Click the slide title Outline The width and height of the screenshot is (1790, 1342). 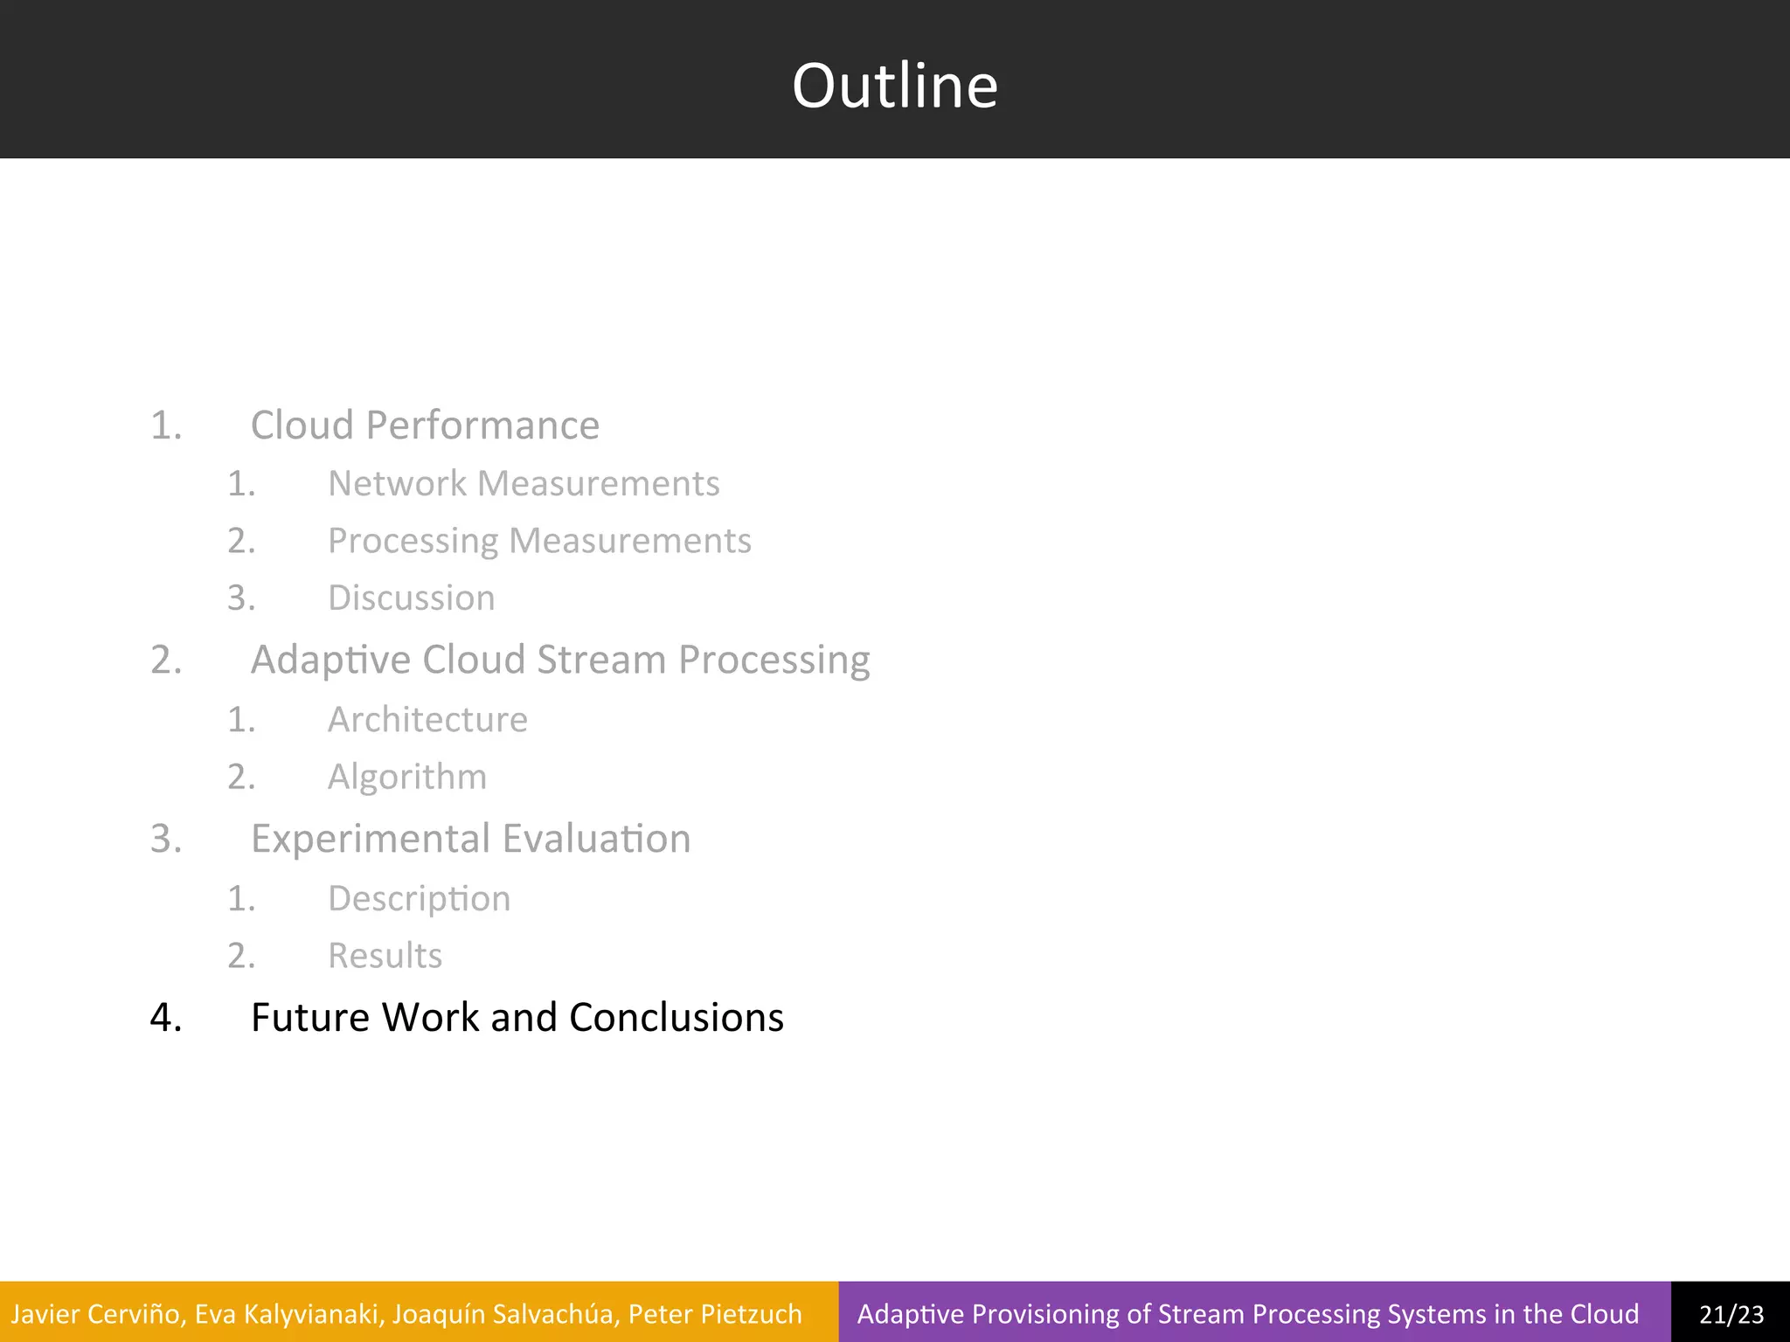pos(894,86)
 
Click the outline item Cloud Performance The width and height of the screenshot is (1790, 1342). pos(425,425)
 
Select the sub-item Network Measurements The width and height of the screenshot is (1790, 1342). pos(524,483)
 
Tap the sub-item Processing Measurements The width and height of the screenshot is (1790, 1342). pos(539,541)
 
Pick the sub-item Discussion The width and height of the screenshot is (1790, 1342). pos(411,598)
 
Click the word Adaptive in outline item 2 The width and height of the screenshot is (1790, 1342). pos(330,660)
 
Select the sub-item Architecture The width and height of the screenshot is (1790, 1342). pos(427,720)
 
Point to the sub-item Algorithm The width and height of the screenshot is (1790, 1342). pos(406,777)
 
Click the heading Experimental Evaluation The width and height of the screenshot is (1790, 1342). pos(470,839)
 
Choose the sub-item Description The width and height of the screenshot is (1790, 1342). pos(419,899)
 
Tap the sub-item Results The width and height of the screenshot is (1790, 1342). pos(385,956)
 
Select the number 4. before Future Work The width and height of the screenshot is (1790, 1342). pos(166,1018)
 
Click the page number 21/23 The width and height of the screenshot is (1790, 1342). pos(1731,1314)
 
